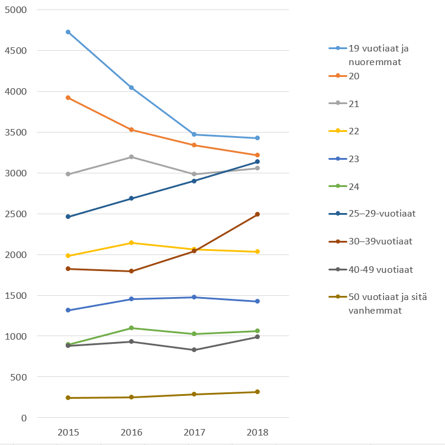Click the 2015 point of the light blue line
[x=68, y=32]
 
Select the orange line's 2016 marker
[x=131, y=130]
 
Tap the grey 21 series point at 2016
[x=131, y=157]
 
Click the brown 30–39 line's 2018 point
[x=257, y=214]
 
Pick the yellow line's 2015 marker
[x=68, y=256]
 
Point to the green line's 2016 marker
[x=131, y=328]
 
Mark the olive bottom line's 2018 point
[x=257, y=392]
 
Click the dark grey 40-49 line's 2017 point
[x=194, y=350]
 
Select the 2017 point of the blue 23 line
[x=194, y=297]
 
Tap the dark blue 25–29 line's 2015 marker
[x=68, y=217]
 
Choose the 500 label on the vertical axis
[x=20, y=377]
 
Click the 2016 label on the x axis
[x=131, y=433]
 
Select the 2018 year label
[x=257, y=433]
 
